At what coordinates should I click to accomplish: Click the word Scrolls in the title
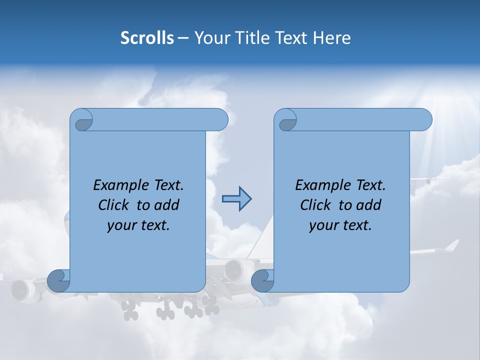click(147, 38)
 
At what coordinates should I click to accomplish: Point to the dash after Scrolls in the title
click(182, 38)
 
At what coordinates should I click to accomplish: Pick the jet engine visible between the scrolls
click(233, 270)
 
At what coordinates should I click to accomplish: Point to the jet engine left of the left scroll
click(21, 289)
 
